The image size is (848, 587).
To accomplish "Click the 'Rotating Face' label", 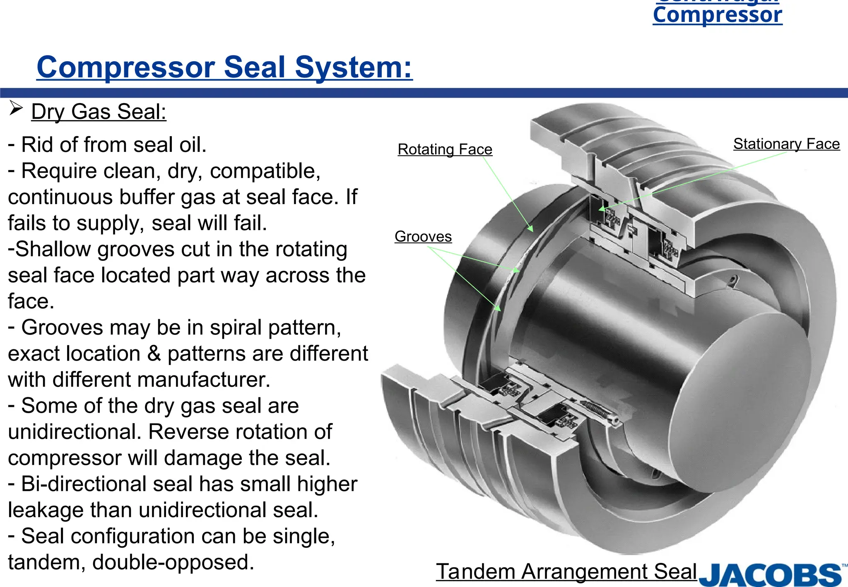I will coord(445,149).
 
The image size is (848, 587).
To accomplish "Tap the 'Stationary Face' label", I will coord(786,144).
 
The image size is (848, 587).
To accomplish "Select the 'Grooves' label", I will coord(423,236).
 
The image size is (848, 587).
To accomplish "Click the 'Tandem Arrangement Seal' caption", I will coord(566,572).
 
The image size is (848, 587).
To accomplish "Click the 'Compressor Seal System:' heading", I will coord(224,67).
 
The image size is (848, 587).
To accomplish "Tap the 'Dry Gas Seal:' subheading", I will coord(99,112).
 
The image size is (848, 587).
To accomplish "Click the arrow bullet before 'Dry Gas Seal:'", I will coord(16,108).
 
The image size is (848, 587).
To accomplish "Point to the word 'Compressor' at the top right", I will coord(717,15).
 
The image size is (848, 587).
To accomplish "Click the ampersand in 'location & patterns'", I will coord(154,354).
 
